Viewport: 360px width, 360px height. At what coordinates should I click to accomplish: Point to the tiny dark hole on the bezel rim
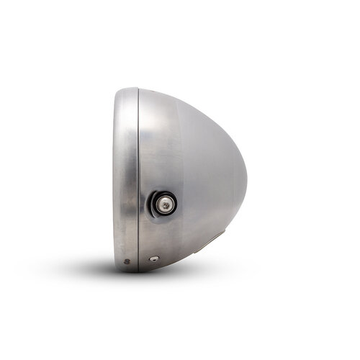coord(126,261)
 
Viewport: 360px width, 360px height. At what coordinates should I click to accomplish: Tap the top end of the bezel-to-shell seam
coord(138,90)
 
